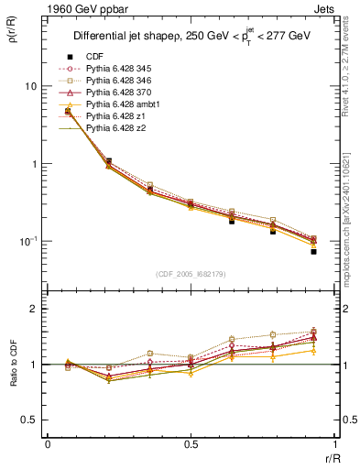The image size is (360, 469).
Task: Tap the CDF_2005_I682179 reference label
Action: point(191,274)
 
